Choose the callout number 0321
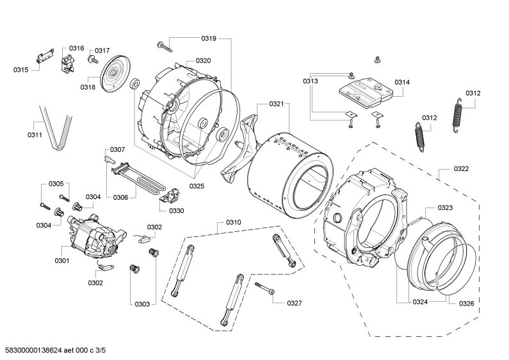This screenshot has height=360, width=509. coord(277,104)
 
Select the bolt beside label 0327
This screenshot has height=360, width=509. coord(264,288)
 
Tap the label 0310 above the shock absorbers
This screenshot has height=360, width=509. coord(233,223)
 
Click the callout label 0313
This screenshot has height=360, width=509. coord(311,81)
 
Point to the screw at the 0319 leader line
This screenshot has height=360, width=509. coord(165,45)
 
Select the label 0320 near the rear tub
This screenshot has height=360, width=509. coord(203,61)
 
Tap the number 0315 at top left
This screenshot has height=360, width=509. coord(20,69)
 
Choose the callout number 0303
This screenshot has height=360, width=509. coord(141,304)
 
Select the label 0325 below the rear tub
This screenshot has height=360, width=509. coord(197,186)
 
